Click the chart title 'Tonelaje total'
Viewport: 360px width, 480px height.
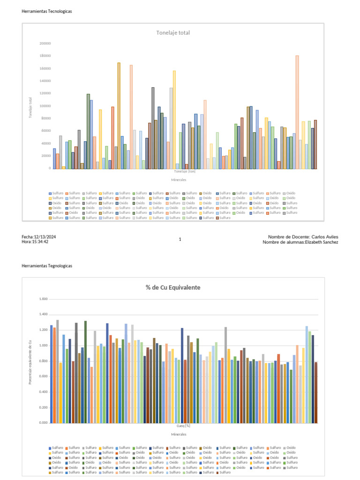pos(173,33)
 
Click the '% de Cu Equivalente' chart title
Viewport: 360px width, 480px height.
pos(173,287)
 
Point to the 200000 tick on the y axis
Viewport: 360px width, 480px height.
pos(45,44)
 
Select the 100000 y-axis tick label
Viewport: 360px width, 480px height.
pos(45,106)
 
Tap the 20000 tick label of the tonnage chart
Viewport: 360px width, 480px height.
pos(46,156)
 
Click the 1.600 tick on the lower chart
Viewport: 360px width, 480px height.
pos(44,299)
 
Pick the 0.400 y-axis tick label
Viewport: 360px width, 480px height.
pos(44,392)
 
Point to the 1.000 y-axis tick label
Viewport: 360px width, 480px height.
pos(44,345)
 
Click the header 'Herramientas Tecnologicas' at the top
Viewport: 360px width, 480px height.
pos(47,11)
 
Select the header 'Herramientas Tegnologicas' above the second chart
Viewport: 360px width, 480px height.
pos(47,266)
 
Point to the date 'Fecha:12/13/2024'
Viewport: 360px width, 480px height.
pos(39,237)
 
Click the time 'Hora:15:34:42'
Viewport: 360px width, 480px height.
pos(35,242)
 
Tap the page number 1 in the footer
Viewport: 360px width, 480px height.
pos(180,240)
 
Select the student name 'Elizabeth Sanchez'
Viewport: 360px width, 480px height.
pos(322,242)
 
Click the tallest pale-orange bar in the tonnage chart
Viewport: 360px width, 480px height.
pos(297,112)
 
